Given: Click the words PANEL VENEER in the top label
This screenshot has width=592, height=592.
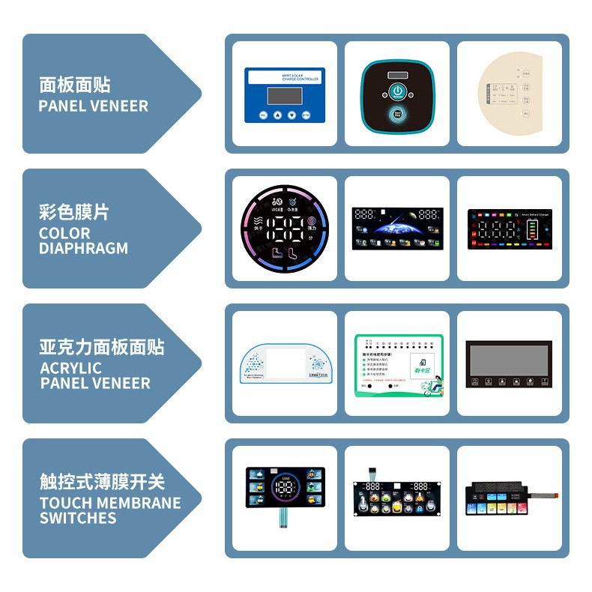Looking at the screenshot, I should coord(93,106).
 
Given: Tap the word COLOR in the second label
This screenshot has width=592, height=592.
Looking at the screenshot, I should coord(64,233).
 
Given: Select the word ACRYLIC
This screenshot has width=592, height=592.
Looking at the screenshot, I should coord(70,368).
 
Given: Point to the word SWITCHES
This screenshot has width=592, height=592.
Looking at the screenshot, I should coord(78,518).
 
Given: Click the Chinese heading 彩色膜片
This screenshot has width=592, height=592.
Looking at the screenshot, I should coord(74,212).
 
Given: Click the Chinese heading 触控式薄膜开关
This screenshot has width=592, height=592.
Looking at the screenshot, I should coord(102,482).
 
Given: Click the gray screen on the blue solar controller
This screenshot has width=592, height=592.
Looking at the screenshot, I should coord(284,95).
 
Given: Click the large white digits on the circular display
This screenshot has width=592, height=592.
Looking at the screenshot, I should coord(284,228).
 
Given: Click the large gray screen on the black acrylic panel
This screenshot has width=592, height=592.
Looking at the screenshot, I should coord(508,358).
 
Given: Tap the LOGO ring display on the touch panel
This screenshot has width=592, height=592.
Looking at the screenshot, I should coord(285,488).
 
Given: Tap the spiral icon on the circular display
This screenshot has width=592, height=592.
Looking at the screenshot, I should coord(312,221).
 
